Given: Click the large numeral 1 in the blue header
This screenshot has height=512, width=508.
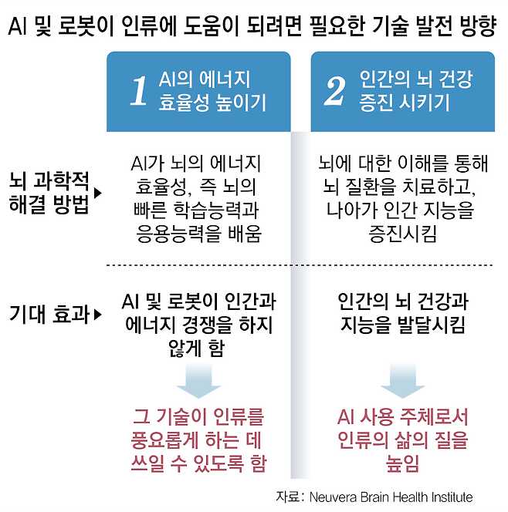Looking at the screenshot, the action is point(139,90).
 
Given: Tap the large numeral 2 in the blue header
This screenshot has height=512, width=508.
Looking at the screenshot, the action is point(334,90).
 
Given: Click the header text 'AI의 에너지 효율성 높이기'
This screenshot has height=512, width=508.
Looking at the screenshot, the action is point(212,91).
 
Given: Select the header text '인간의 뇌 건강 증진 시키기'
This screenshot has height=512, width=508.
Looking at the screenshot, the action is point(416,91).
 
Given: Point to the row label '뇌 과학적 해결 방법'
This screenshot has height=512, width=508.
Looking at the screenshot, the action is point(49,193).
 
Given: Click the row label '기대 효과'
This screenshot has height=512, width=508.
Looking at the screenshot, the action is point(49,315).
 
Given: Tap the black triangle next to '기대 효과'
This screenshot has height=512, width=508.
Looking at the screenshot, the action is point(98,315).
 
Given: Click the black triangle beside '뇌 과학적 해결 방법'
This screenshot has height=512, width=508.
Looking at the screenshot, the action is point(98,193).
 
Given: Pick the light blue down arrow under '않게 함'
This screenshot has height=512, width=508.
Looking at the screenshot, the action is point(198,381).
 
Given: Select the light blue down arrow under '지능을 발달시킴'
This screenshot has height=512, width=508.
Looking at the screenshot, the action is point(403,381).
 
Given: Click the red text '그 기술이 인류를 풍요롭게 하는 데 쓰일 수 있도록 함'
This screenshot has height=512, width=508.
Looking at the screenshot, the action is point(198,440).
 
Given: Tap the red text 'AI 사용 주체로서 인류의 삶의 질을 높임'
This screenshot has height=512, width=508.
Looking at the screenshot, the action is point(403,440).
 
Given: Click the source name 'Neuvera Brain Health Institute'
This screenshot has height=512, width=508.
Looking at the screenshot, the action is point(391,497).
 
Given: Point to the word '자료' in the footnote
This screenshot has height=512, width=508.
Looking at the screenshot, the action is point(287,497).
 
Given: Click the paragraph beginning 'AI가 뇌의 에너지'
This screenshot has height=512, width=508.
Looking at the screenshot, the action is point(197,199).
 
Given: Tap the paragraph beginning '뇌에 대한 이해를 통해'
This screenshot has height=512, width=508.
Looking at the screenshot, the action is point(403,199).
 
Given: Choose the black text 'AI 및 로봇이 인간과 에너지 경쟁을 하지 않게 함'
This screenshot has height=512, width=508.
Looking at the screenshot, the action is point(198,325).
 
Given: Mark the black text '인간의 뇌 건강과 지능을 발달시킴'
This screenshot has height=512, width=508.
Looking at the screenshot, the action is point(403,313).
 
